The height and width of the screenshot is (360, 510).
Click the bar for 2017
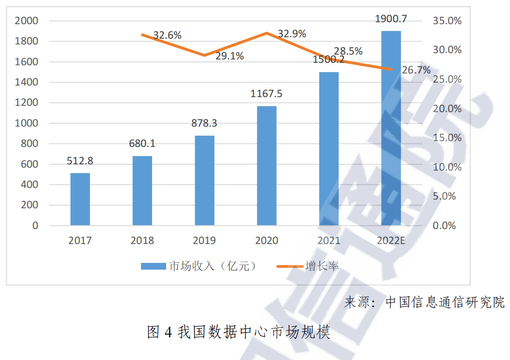(80, 199)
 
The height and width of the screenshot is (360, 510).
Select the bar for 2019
(204, 180)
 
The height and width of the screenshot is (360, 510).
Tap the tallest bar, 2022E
(391, 128)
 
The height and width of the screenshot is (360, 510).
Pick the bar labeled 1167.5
(267, 166)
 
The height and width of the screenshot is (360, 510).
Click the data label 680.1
(142, 144)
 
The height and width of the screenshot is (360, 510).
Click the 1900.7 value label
(391, 19)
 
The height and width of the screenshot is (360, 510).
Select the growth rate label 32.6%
(168, 35)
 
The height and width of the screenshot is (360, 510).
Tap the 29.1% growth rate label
(229, 56)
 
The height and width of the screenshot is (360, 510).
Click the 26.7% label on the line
(416, 71)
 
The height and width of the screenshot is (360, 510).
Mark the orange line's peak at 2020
(267, 33)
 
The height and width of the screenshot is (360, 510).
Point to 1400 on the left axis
(26, 83)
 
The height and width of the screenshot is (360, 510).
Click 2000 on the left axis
(26, 21)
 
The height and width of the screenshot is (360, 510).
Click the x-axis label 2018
(142, 240)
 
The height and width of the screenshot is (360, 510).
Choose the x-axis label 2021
(329, 240)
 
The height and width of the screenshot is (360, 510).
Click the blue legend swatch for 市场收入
(153, 266)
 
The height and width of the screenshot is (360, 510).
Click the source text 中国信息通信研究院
(444, 302)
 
